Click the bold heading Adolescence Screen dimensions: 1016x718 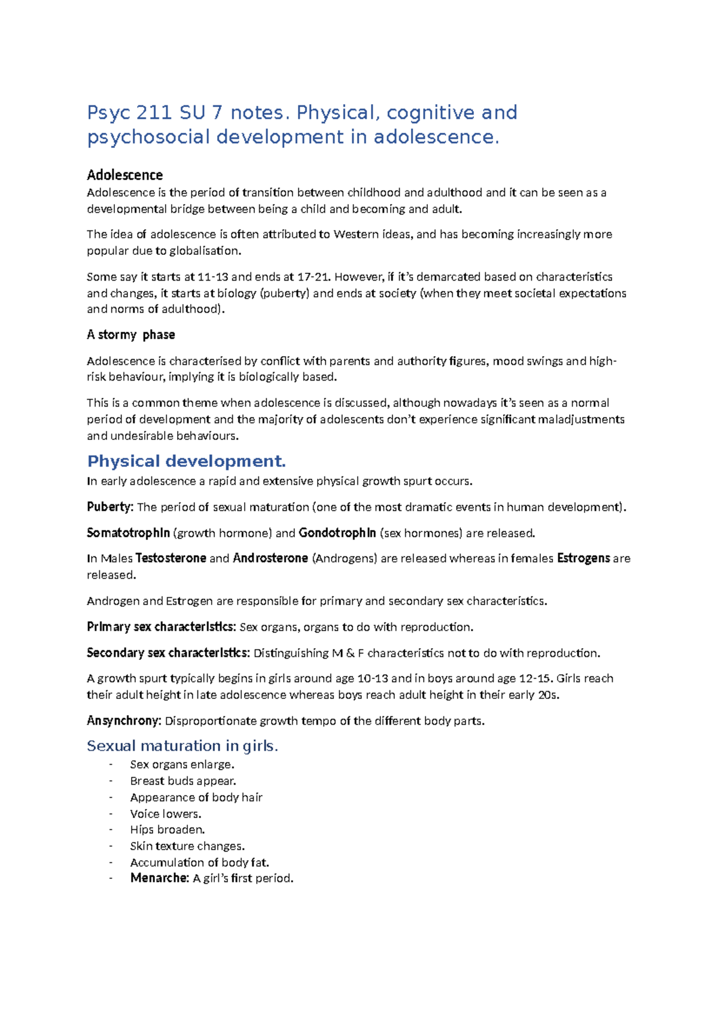pyautogui.click(x=124, y=175)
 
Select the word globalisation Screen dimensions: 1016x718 pyautogui.click(x=205, y=251)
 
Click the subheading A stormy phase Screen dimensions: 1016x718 pyautogui.click(x=131, y=334)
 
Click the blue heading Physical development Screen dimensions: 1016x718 pyautogui.click(x=186, y=461)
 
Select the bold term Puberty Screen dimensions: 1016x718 pyautogui.click(x=110, y=507)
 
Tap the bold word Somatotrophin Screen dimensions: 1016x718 pyautogui.click(x=128, y=533)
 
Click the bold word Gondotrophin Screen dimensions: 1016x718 pyautogui.click(x=337, y=533)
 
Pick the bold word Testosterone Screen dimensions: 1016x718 pyautogui.click(x=171, y=558)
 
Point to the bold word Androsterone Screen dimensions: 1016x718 pyautogui.click(x=270, y=558)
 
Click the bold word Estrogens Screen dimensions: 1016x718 pyautogui.click(x=583, y=558)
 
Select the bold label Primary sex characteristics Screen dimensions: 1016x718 pyautogui.click(x=161, y=626)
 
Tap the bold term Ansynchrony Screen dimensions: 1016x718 pyautogui.click(x=124, y=720)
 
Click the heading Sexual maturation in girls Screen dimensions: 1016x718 pyautogui.click(x=182, y=746)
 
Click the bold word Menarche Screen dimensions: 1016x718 pyautogui.click(x=160, y=878)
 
